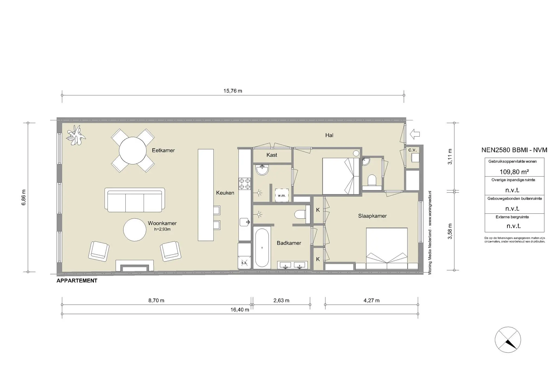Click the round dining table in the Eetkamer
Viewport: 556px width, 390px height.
coord(133,150)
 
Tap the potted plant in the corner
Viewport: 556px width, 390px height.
coord(76,135)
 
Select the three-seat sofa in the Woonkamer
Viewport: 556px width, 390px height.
coord(135,200)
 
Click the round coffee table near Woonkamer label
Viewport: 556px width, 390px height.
coord(135,230)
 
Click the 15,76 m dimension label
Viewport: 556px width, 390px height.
coord(233,91)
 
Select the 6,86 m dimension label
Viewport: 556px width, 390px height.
coord(24,197)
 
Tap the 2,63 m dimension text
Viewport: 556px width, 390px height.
coord(281,301)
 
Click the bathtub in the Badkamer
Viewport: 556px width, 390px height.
coord(262,248)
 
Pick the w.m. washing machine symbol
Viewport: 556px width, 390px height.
coord(282,195)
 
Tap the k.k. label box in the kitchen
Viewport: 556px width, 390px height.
coord(244,263)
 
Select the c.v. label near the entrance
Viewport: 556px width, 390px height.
coord(412,150)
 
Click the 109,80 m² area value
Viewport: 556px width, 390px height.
coord(514,172)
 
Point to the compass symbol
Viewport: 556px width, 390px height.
coord(508,340)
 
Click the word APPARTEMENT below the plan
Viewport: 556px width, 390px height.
coord(77,281)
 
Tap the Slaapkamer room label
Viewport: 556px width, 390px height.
coord(372,216)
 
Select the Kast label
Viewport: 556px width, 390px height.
coord(272,155)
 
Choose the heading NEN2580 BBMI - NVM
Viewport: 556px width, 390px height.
coord(514,150)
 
